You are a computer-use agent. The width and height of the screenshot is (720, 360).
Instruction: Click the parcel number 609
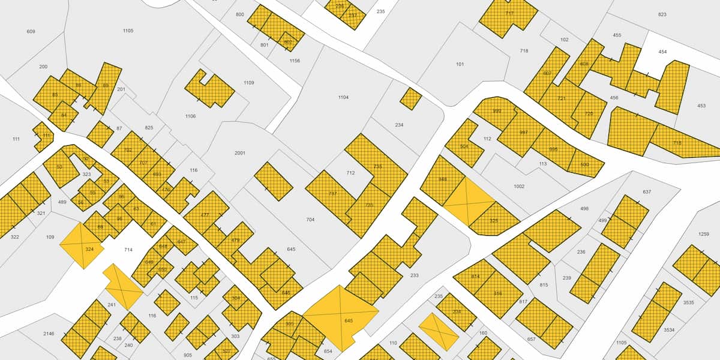click(x=31, y=31)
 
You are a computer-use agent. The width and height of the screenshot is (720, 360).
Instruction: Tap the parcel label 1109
click(x=248, y=83)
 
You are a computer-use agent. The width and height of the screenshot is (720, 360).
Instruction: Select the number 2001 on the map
click(x=240, y=153)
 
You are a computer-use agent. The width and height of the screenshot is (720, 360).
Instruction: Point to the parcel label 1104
click(x=343, y=97)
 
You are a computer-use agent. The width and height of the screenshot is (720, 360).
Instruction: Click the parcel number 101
click(x=460, y=64)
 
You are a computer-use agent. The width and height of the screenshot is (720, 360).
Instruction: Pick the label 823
click(x=662, y=14)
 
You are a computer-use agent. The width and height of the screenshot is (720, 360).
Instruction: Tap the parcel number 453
click(x=701, y=106)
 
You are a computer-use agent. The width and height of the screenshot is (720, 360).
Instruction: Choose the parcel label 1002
click(x=519, y=187)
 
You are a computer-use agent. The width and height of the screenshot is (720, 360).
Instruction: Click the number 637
click(x=647, y=192)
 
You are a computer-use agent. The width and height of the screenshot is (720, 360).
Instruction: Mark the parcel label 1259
click(x=704, y=234)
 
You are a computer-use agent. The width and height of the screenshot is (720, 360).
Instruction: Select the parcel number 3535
click(x=688, y=302)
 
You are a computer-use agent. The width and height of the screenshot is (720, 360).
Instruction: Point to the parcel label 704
click(x=310, y=220)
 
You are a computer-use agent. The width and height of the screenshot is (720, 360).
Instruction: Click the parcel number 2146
click(x=49, y=334)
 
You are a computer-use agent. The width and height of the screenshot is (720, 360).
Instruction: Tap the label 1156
click(x=295, y=61)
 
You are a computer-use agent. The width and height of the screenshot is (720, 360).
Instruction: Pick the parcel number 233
click(x=415, y=275)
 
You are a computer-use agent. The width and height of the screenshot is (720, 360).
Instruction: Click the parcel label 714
click(x=128, y=250)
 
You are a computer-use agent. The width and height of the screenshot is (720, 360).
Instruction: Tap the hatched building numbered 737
click(x=332, y=193)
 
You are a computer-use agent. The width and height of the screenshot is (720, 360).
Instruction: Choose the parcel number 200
click(x=43, y=67)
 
